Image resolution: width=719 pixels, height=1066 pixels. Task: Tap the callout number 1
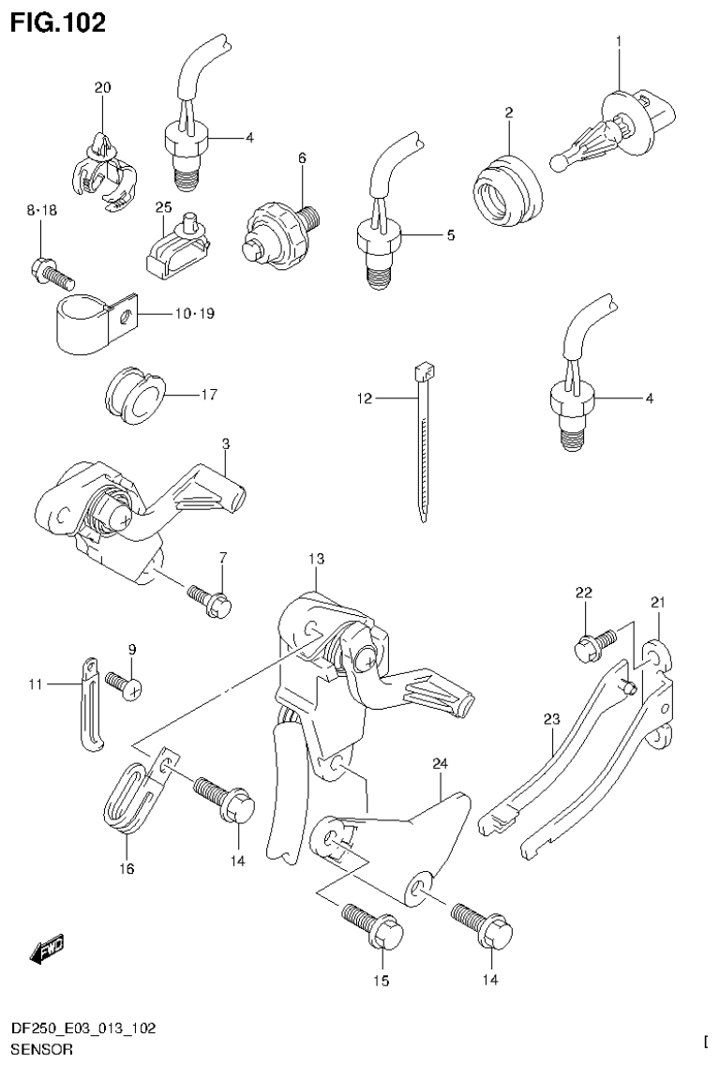(620, 41)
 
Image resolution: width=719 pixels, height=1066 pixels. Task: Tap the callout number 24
(440, 764)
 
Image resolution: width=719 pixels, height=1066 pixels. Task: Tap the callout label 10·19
(193, 313)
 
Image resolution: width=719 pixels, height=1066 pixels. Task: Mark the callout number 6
(303, 158)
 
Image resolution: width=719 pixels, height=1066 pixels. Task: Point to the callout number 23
(550, 719)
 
